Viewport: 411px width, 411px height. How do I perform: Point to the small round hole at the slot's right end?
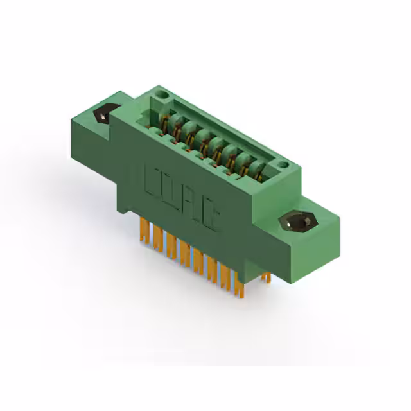pyautogui.click(x=283, y=167)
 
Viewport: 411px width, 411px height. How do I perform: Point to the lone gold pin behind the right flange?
pyautogui.click(x=266, y=276)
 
